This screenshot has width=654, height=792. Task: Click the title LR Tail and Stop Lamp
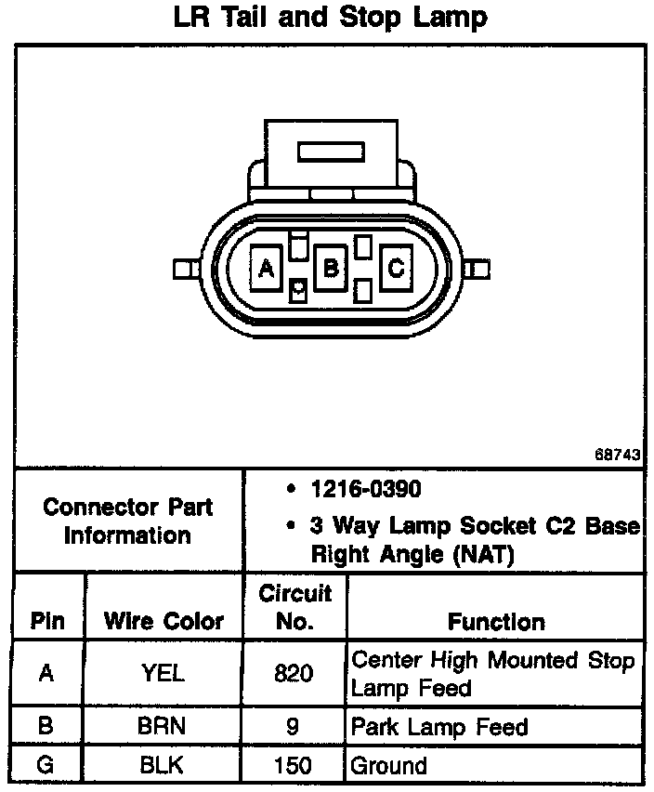(330, 18)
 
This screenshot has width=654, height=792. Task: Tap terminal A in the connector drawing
(267, 269)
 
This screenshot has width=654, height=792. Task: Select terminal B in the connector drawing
(330, 269)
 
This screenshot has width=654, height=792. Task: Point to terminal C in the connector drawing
(395, 269)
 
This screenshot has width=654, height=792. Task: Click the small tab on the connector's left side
(183, 270)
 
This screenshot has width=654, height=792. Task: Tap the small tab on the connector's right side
(477, 270)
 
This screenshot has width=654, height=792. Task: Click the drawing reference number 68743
(619, 455)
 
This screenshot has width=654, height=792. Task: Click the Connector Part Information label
(128, 521)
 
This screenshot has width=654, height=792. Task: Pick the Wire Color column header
(163, 621)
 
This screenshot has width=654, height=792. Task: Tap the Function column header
(496, 621)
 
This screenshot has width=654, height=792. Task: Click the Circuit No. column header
(294, 607)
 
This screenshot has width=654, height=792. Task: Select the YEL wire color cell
(163, 673)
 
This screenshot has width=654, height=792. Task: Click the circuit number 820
(294, 673)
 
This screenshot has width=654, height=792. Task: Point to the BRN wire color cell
(163, 727)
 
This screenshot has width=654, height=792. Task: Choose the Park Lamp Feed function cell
(439, 727)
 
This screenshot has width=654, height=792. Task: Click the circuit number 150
(294, 767)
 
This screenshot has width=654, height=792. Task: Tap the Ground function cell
(388, 767)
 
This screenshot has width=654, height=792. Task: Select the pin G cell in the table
(47, 767)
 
